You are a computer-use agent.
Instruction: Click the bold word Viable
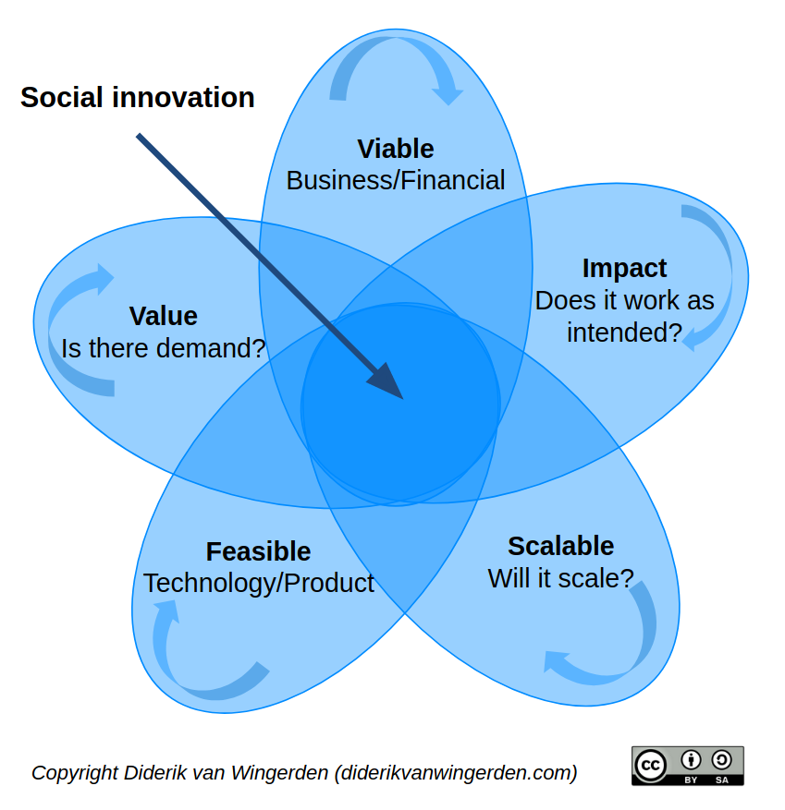[396, 149]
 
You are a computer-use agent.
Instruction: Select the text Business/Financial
[396, 181]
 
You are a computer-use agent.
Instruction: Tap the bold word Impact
[624, 269]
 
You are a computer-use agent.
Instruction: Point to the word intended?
[624, 332]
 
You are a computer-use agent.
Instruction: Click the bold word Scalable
[560, 546]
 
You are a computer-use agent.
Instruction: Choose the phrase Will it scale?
[560, 578]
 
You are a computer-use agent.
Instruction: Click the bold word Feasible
[258, 551]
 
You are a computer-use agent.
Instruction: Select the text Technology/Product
[259, 583]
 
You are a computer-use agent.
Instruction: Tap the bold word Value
[163, 316]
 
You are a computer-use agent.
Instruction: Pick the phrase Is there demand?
[163, 348]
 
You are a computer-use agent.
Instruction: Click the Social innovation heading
[138, 97]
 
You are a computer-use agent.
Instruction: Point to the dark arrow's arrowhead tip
[403, 399]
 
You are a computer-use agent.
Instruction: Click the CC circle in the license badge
[650, 765]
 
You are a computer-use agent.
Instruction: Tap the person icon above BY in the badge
[691, 760]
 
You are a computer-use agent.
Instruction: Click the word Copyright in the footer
[75, 773]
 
